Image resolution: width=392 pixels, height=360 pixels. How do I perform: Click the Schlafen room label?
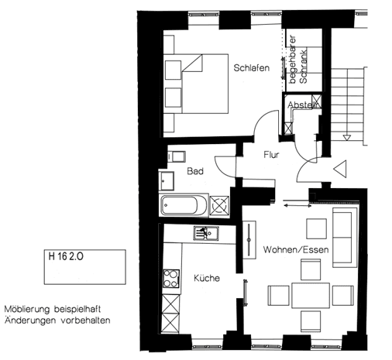pos(251,68)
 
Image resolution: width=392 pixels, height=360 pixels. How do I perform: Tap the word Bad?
pos(195,171)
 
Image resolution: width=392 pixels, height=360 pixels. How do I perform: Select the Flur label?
pos(270,155)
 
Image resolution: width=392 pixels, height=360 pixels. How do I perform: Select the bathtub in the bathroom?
pos(183,207)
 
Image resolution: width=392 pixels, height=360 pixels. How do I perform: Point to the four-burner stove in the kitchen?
pos(169,277)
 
